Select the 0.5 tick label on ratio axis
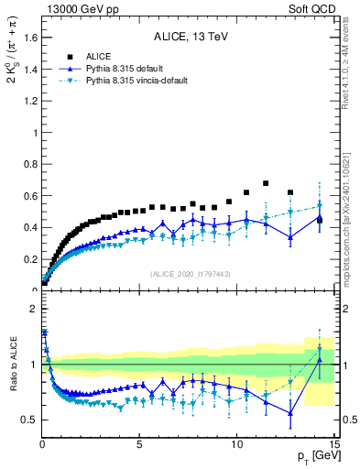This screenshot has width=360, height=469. point(28,420)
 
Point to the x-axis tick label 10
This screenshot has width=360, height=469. point(236,444)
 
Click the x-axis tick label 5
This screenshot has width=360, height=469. point(139,444)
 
